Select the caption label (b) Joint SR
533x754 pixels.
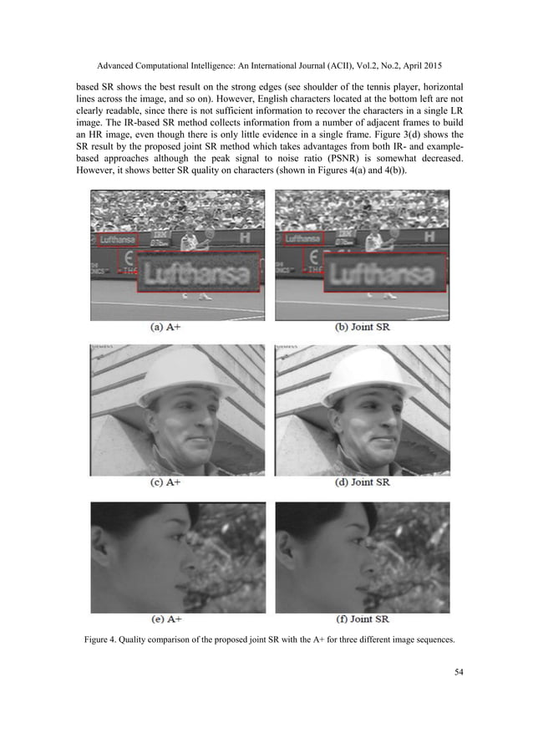click(x=361, y=328)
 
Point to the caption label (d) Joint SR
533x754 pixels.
click(x=360, y=483)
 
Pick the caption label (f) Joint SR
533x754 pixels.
click(x=360, y=619)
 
